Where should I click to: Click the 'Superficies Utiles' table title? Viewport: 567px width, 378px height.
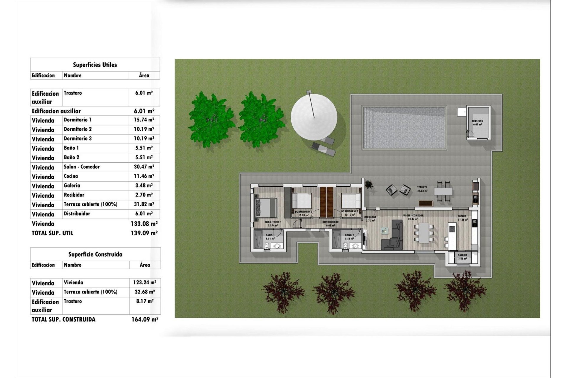pyautogui.click(x=95, y=65)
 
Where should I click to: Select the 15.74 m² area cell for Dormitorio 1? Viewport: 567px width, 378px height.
pyautogui.click(x=144, y=120)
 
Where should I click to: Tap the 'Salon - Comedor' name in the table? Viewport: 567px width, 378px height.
pyautogui.click(x=82, y=167)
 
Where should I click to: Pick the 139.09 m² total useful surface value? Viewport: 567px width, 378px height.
pyautogui.click(x=144, y=233)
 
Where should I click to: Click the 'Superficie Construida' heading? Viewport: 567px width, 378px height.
pyautogui.click(x=95, y=254)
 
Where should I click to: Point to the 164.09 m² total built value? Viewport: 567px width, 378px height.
pyautogui.click(x=145, y=319)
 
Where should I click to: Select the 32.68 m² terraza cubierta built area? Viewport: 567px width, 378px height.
pyautogui.click(x=145, y=292)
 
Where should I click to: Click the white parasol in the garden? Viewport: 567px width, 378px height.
pyautogui.click(x=314, y=117)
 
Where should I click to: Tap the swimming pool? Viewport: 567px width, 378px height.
pyautogui.click(x=404, y=128)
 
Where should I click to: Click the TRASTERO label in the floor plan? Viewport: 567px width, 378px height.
pyautogui.click(x=477, y=121)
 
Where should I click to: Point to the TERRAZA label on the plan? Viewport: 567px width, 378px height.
pyautogui.click(x=422, y=187)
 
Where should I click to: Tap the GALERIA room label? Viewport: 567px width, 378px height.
pyautogui.click(x=462, y=255)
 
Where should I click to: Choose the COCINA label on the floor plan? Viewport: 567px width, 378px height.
pyautogui.click(x=462, y=216)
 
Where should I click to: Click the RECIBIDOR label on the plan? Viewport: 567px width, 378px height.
pyautogui.click(x=370, y=217)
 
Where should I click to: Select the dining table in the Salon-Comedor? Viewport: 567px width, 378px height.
pyautogui.click(x=424, y=233)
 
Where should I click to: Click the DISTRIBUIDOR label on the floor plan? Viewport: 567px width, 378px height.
pyautogui.click(x=330, y=222)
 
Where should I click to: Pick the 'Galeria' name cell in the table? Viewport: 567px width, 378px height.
pyautogui.click(x=72, y=185)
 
